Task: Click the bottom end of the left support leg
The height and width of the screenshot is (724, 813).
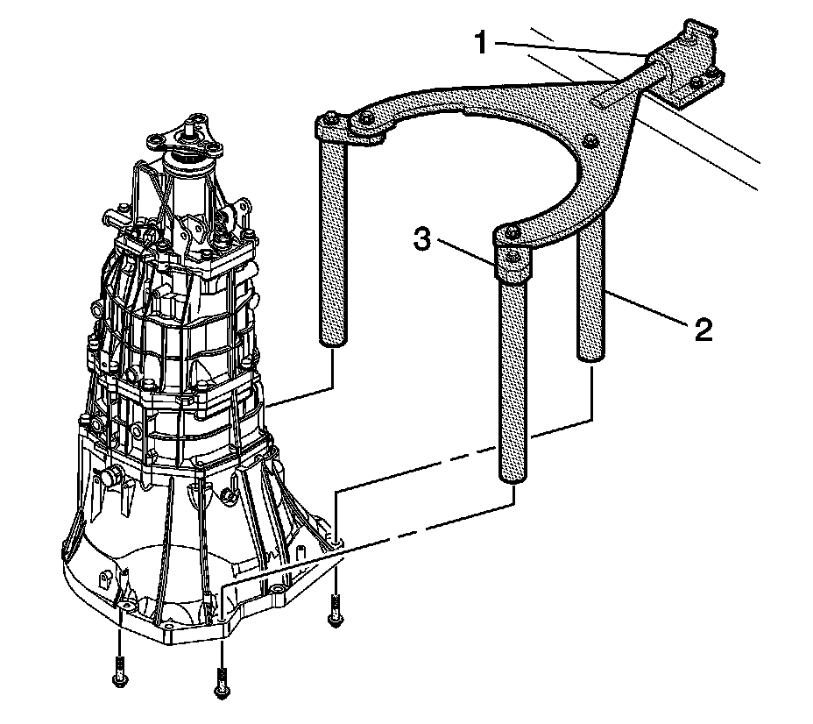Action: click(332, 343)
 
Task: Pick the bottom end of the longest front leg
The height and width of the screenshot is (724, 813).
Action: click(513, 474)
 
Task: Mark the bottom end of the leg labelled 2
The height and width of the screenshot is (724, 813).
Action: click(589, 353)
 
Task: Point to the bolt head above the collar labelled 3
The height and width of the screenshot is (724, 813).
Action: click(513, 232)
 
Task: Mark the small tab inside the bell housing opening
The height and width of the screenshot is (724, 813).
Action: click(106, 581)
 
